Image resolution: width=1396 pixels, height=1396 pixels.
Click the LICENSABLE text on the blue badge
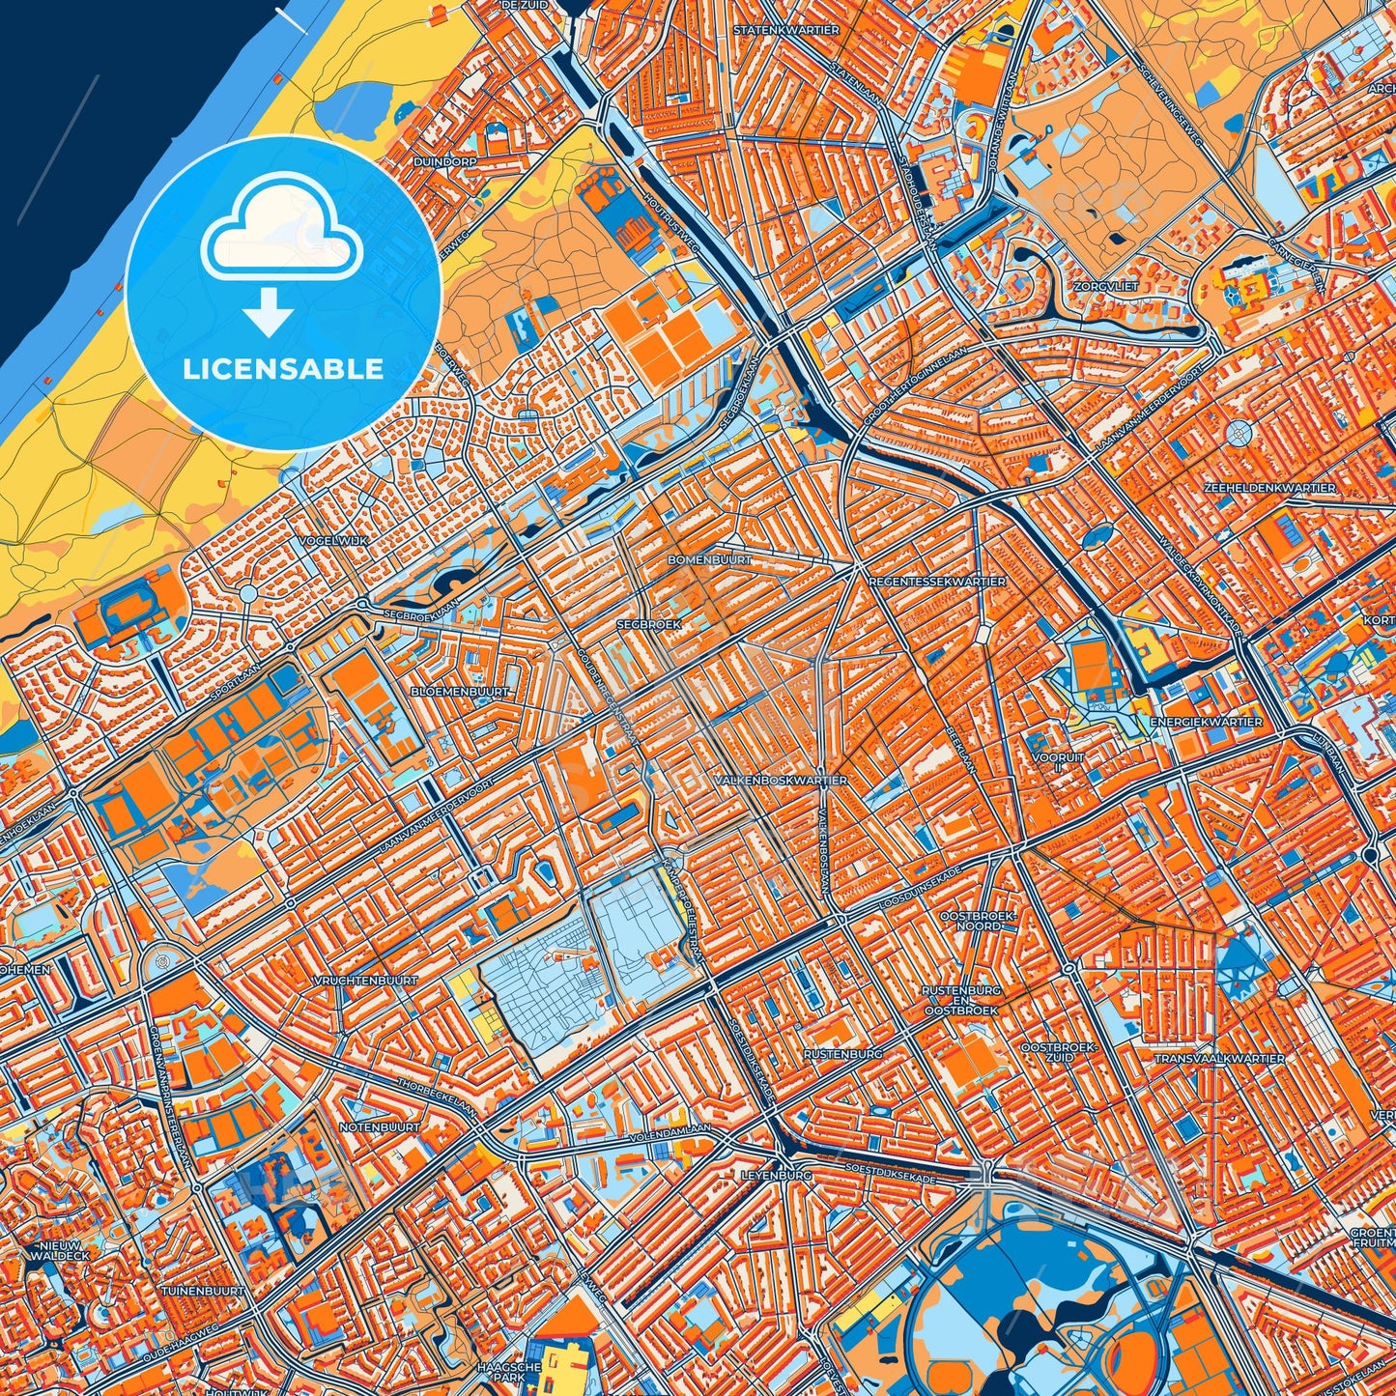click(x=283, y=369)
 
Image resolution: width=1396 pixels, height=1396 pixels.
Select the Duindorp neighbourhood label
click(x=444, y=162)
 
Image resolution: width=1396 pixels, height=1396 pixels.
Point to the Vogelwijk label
click(x=333, y=540)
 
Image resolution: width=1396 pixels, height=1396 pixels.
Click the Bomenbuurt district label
click(x=710, y=559)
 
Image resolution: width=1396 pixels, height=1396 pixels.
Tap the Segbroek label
click(x=649, y=624)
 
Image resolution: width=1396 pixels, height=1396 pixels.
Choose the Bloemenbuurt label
click(x=460, y=692)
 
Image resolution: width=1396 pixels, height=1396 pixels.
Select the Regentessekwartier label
click(x=937, y=582)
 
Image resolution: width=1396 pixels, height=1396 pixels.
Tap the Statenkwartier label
click(x=785, y=30)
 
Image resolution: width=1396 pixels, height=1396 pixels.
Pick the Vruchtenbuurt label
click(x=366, y=981)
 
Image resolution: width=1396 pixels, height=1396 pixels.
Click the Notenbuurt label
click(x=380, y=1126)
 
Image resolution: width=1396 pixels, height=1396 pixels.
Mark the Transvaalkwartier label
click(x=1219, y=1059)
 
